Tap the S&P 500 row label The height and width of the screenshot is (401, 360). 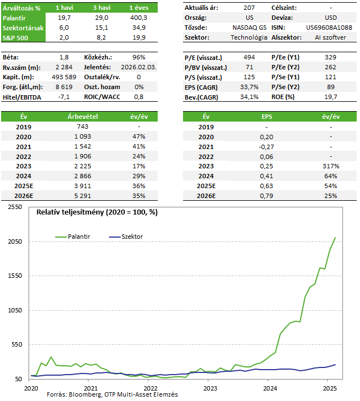(15, 37)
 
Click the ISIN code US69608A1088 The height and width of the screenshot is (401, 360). (330, 27)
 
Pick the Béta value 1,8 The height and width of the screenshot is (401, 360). (64, 57)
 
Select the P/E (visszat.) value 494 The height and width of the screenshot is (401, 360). (250, 57)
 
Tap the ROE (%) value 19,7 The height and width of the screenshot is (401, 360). (330, 97)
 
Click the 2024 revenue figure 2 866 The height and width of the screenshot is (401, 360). (79, 176)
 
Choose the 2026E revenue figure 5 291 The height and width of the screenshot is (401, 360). (79, 196)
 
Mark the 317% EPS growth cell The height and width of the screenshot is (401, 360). (330, 166)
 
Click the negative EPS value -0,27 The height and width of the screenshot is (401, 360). (266, 146)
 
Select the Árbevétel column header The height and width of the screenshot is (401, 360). (79, 117)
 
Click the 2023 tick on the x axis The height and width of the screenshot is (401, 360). (209, 388)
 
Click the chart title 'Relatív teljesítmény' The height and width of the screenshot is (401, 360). (97, 212)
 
